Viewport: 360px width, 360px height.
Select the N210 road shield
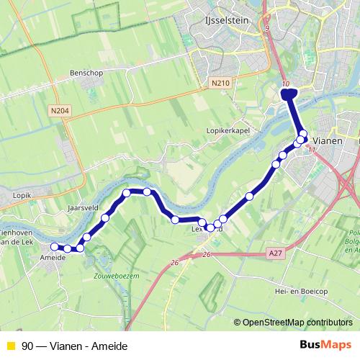(220, 84)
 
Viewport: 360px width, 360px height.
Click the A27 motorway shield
(276, 253)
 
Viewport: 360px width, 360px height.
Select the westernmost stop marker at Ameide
(55, 247)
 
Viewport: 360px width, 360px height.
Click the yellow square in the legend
(10, 346)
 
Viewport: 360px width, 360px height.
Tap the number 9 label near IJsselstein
(266, 29)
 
